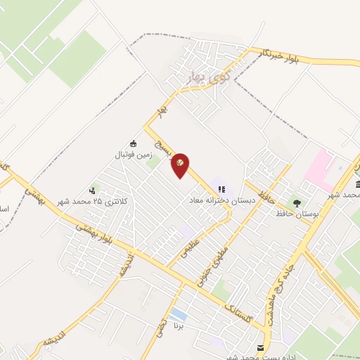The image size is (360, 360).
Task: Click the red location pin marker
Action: coord(180,165)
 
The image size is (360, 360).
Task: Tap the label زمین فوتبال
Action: coord(134,153)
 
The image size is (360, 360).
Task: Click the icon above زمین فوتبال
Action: coord(134,142)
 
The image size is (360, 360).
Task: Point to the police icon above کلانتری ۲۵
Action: coord(92,190)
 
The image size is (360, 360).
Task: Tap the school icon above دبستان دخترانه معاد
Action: coord(221,189)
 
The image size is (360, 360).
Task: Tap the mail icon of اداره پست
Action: coord(262,347)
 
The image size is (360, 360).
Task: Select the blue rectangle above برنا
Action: coord(179,314)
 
